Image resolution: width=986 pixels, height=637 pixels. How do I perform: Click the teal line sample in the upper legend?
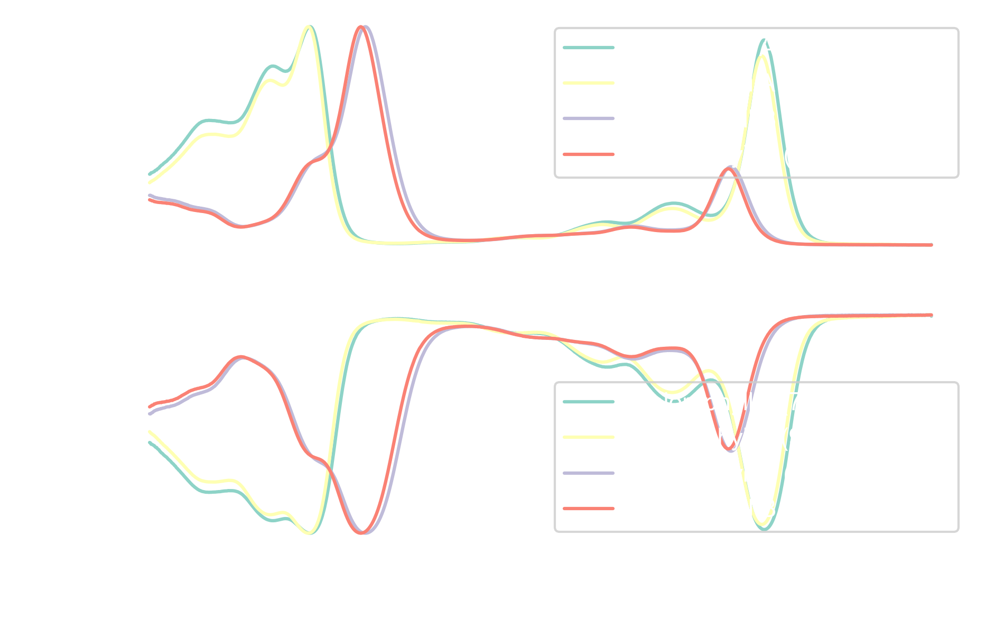589,48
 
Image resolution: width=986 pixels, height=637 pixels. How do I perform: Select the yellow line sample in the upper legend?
589,83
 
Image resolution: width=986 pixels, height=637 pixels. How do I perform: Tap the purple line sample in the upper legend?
589,118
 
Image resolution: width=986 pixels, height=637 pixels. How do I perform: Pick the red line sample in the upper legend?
589,154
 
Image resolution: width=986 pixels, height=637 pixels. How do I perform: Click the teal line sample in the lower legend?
589,402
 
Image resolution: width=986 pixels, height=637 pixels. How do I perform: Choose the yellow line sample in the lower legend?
589,437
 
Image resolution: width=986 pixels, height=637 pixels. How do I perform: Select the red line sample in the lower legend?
589,509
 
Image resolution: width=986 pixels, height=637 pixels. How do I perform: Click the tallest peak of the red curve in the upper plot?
361,27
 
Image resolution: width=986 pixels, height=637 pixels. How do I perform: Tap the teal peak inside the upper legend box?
764,40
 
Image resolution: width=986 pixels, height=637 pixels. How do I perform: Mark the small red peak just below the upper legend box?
728,170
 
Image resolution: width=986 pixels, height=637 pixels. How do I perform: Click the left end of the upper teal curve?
150,173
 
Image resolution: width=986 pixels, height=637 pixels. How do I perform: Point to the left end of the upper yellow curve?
150,182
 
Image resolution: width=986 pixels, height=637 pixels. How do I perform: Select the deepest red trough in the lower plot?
361,532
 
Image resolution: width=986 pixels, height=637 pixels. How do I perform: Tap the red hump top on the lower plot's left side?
241,357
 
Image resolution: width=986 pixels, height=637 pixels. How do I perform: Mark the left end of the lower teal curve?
150,442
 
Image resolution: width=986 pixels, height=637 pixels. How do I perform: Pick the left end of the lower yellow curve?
150,432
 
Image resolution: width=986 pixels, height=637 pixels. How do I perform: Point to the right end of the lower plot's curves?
931,315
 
